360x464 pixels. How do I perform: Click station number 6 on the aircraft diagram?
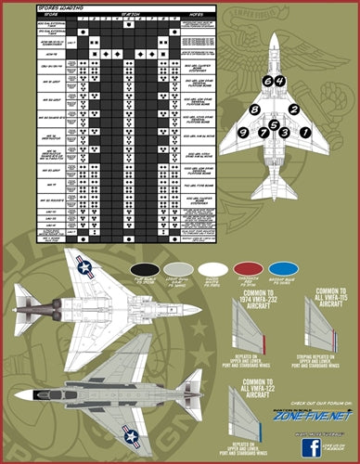[268, 82]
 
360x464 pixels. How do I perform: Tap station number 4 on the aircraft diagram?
[278, 82]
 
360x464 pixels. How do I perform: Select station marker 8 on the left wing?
[253, 110]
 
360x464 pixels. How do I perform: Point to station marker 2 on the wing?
[293, 110]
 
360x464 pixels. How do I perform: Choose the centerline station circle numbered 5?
[274, 122]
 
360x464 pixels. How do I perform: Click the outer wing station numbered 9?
[242, 133]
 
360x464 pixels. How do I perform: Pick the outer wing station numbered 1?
[305, 133]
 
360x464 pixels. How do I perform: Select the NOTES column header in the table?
[195, 15]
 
